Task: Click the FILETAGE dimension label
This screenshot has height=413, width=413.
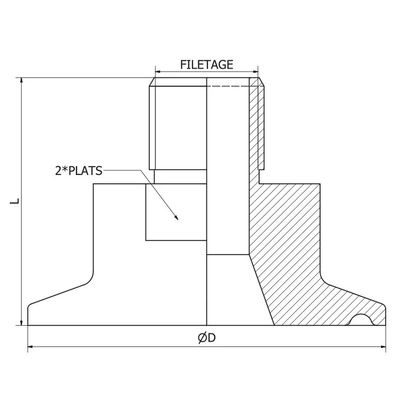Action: pos(206,65)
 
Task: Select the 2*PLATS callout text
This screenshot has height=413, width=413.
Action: pos(79,170)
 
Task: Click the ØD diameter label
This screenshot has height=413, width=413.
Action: pos(206,338)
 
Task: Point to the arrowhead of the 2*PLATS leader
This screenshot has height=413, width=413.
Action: pos(177,219)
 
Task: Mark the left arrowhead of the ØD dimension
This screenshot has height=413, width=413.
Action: pos(30,347)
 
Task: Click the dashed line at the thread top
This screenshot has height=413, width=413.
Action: pos(227,86)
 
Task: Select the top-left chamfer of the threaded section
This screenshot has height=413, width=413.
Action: pos(152,82)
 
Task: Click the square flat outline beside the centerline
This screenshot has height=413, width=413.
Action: pos(176,212)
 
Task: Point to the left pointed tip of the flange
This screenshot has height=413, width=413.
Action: pos(28,307)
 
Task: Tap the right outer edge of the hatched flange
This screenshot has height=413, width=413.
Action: pos(385,315)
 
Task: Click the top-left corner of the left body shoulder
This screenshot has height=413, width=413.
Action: pos(93,184)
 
